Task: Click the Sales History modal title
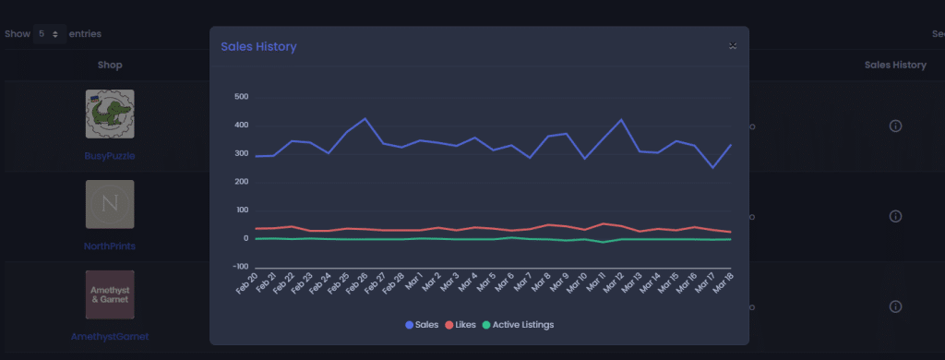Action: pos(258,46)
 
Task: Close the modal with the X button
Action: pos(732,45)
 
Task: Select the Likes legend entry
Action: pos(461,325)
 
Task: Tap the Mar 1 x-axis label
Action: pos(415,281)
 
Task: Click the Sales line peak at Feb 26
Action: pos(365,119)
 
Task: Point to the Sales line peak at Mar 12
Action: pos(621,120)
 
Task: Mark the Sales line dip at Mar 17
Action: pos(712,168)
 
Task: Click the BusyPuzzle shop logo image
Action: pos(110,114)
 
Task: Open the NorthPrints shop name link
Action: pos(110,246)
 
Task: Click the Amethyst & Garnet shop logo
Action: pos(110,294)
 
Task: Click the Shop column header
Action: pos(110,65)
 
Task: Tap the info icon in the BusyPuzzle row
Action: pos(895,126)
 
